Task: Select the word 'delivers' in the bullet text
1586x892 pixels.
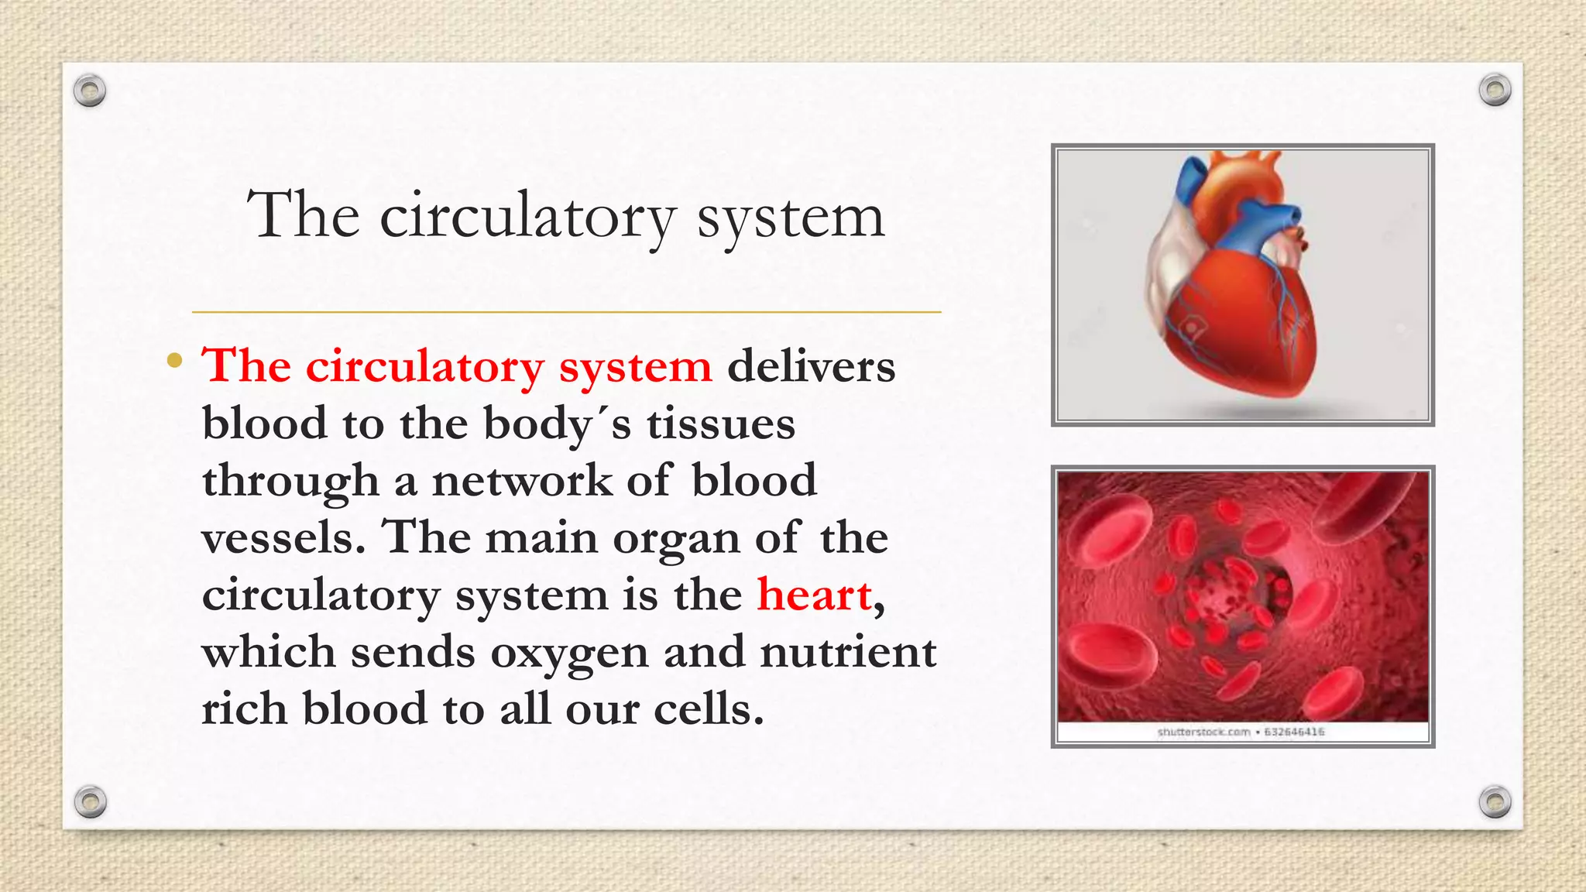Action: coord(811,366)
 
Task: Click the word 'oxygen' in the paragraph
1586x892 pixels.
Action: coord(569,653)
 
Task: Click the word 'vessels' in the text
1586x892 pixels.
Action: coord(277,538)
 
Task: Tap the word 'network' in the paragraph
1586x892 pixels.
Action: coord(522,481)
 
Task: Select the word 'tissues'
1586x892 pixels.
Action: coord(721,424)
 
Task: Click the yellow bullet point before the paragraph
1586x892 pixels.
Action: coord(175,361)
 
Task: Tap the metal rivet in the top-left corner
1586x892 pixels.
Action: coord(90,91)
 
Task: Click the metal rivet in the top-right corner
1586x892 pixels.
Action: coord(1495,90)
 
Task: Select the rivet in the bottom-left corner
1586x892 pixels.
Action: coord(90,801)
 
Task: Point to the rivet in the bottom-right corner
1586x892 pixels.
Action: coord(1495,801)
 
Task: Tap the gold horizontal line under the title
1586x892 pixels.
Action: coord(566,312)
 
